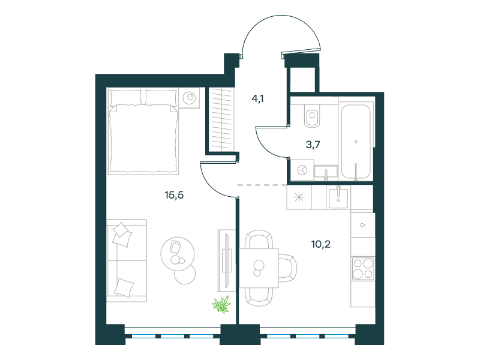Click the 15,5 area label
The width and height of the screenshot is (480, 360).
tap(174, 195)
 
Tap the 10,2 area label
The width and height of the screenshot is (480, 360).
tap(321, 244)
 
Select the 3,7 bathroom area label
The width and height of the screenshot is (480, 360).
tap(313, 145)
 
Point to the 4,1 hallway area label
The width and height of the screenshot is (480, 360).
tap(257, 98)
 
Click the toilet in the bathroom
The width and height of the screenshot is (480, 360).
tap(312, 115)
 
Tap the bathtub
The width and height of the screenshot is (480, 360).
tap(356, 141)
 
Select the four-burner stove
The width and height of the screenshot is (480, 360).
tap(363, 269)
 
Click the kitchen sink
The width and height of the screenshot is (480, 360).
tap(338, 198)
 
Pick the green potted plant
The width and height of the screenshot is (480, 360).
tap(221, 305)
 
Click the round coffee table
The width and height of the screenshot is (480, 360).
tap(178, 253)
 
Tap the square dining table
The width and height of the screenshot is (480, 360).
tap(259, 268)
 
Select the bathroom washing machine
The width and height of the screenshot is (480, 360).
tap(302, 170)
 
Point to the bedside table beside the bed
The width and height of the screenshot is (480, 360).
tap(189, 98)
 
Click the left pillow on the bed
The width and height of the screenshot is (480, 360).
tap(126, 97)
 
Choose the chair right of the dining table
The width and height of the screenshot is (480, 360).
tap(288, 268)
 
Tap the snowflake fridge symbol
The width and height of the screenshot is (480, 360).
tap(299, 197)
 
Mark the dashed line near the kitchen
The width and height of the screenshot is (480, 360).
tap(262, 185)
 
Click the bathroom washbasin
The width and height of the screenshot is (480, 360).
tap(326, 172)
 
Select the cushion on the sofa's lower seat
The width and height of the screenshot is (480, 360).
tap(124, 287)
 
